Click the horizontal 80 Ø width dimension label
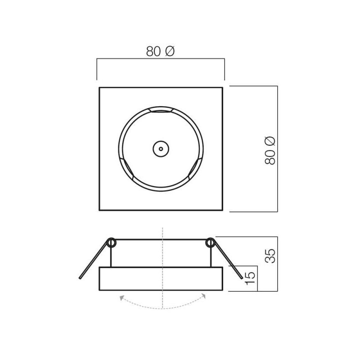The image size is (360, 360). coord(160,51)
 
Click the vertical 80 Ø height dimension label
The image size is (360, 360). coord(270,151)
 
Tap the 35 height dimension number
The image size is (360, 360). coord(270,256)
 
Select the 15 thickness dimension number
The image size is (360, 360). coord(250,278)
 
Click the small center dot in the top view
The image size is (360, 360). coord(161,149)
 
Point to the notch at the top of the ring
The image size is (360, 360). coord(161,109)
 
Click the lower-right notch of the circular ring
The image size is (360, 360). coord(196,168)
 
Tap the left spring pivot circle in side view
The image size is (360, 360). coord(111,243)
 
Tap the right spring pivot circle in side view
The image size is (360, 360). coord(210,243)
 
